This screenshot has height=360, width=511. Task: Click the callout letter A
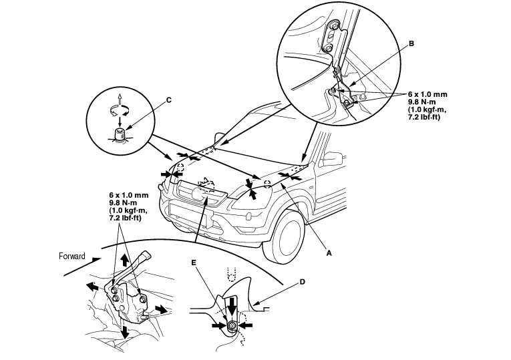[328, 253]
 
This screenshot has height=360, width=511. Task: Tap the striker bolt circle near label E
[231, 327]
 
